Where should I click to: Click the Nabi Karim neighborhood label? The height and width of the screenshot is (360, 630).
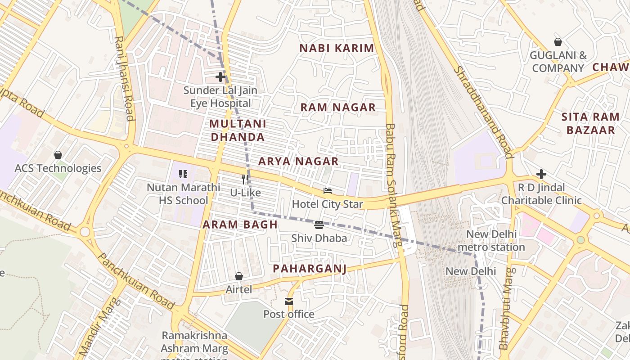click(x=337, y=48)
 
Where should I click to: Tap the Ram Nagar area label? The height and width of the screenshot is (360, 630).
click(x=337, y=107)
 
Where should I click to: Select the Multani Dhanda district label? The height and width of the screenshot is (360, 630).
click(x=238, y=130)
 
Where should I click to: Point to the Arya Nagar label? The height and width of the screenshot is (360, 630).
click(x=298, y=161)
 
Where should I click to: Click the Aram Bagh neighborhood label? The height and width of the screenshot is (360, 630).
click(x=240, y=225)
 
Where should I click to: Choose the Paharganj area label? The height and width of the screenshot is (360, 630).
click(x=310, y=269)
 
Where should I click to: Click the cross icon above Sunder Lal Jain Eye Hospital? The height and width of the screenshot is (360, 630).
click(x=220, y=77)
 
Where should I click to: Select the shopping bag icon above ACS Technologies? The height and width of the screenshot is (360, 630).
click(x=58, y=155)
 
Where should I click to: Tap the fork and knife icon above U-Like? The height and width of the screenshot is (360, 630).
click(x=245, y=179)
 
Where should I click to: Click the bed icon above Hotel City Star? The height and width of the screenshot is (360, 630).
click(x=327, y=191)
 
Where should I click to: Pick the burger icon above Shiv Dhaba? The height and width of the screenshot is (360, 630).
click(x=319, y=225)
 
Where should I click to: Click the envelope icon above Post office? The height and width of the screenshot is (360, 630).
click(x=288, y=301)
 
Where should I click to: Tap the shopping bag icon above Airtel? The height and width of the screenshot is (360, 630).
click(x=239, y=276)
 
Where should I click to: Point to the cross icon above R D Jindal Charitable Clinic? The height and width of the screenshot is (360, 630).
click(x=541, y=174)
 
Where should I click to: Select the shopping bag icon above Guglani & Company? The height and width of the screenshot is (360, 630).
click(x=558, y=42)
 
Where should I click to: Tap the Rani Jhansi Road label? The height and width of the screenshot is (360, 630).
click(x=125, y=79)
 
